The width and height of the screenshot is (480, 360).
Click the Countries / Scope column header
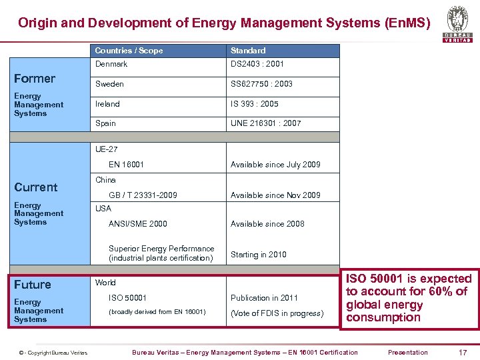pos(129,51)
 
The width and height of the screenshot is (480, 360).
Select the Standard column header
pos(248,51)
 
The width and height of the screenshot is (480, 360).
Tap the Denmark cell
pos(111,64)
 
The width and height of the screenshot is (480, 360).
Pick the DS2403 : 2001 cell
pos(257,64)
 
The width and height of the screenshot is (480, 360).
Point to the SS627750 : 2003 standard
pos(261,84)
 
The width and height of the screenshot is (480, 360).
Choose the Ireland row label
pos(107,104)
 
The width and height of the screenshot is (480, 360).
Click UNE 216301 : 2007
pos(265,123)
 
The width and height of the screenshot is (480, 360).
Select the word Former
pos(35,79)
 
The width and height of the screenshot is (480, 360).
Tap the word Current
pos(36,187)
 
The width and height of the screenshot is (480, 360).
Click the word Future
pos(33,285)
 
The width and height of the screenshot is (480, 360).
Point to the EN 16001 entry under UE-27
pos(126,164)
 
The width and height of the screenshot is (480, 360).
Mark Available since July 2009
pos(275,164)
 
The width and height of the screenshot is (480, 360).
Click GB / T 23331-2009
pos(143,195)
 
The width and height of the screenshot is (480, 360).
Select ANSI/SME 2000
pos(138,224)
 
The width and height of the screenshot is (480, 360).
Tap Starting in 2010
pos(258,254)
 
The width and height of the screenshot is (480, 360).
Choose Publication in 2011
pos(264,298)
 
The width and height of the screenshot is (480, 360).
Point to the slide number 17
pos(462,352)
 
